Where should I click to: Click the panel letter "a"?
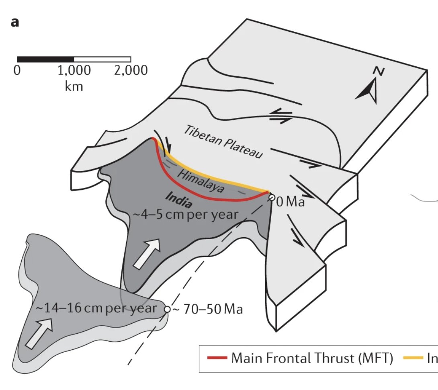point(14,22)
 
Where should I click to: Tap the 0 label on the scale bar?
point(17,71)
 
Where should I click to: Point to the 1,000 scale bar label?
point(74,71)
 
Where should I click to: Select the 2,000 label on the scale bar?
point(131,71)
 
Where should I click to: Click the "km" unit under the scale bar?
point(74,86)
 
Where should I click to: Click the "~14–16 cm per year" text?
point(96,309)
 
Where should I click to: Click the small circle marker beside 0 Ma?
point(272,198)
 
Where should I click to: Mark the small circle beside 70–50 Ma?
point(167,309)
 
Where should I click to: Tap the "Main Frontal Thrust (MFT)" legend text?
point(312,358)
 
